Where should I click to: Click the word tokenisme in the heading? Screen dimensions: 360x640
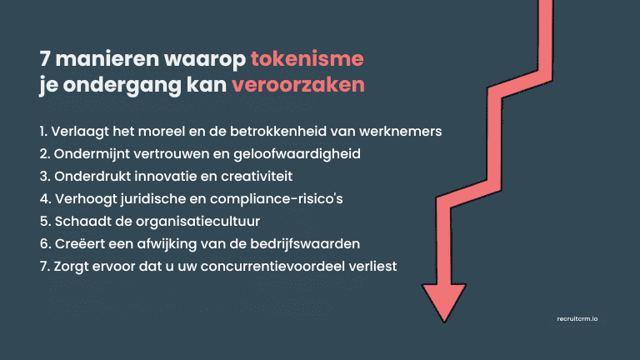[307, 61]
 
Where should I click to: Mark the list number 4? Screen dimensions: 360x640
[43, 199]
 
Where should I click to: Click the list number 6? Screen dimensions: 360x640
[43, 244]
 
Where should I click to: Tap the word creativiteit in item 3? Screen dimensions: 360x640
[248, 177]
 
